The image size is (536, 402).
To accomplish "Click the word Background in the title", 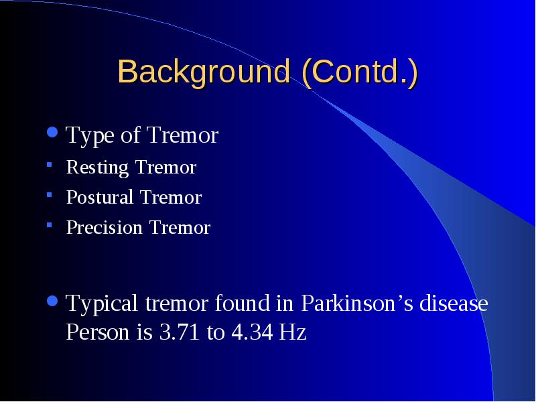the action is click(x=204, y=72).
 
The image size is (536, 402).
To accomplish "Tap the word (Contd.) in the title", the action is click(x=360, y=72).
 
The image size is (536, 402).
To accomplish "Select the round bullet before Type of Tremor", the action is click(x=52, y=132).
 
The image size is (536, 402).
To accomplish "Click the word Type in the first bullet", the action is click(x=90, y=136).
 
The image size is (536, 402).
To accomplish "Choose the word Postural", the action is click(x=100, y=197).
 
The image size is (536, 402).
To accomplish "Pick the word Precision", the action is click(x=105, y=227).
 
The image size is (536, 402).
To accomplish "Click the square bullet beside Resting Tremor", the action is click(x=49, y=165).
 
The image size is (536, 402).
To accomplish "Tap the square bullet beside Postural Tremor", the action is click(x=49, y=195).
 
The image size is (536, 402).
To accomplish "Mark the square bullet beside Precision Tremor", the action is click(x=49, y=225).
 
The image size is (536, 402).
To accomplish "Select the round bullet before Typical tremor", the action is click(x=52, y=301).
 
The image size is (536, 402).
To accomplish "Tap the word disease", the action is click(x=454, y=303).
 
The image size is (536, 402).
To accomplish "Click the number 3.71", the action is click(x=180, y=332).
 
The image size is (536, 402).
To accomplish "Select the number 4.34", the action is click(x=253, y=332).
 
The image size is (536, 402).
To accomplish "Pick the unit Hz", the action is click(x=293, y=332).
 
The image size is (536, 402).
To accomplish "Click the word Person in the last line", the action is click(x=97, y=332).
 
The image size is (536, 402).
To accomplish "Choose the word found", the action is click(x=243, y=303).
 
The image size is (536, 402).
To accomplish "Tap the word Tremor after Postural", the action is click(x=171, y=197).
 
